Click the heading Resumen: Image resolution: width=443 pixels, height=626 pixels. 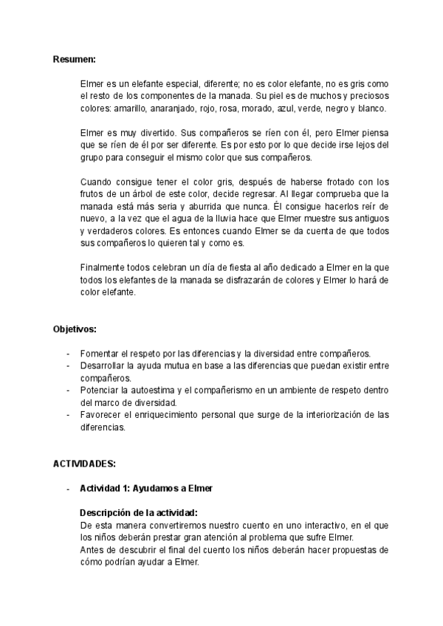pos(75,58)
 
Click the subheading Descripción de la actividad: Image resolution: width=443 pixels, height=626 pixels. pos(138,512)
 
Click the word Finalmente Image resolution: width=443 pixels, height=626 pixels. pos(104,266)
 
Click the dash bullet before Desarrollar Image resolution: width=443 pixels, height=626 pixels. pos(69,365)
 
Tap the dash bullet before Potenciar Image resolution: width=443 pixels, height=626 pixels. pos(69,390)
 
